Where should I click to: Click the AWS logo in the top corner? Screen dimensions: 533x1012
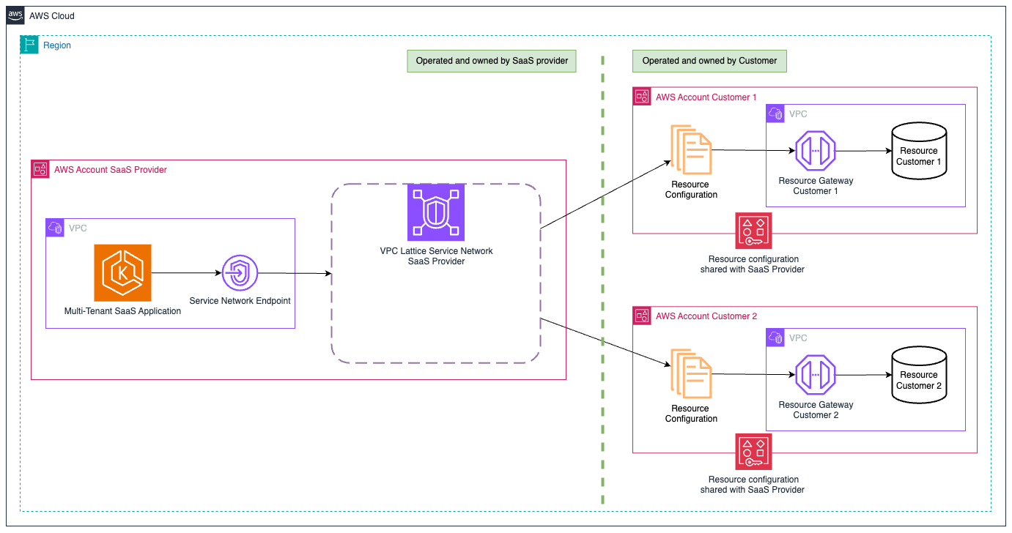point(15,15)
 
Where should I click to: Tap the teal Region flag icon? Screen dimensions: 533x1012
point(29,45)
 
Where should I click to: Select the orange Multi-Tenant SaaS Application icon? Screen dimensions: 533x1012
point(122,273)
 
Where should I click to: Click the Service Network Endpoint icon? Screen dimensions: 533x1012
point(240,273)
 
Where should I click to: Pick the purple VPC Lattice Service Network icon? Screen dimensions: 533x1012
point(435,212)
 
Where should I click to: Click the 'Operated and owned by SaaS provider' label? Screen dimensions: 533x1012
point(492,61)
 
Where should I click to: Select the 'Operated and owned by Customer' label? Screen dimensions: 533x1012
point(709,61)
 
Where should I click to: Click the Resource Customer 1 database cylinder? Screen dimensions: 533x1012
point(918,152)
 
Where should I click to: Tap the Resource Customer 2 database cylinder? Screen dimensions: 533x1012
point(918,376)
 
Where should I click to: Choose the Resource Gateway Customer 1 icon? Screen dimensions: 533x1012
point(816,151)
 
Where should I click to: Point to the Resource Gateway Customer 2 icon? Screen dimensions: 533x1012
point(816,375)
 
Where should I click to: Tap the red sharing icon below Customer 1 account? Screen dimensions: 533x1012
point(753,231)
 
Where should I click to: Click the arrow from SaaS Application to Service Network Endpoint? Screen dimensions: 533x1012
point(186,273)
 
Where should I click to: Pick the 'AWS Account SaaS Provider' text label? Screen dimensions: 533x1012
point(110,170)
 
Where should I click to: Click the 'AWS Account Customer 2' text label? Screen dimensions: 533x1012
point(706,316)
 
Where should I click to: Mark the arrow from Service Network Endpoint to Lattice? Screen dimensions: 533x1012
point(293,274)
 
